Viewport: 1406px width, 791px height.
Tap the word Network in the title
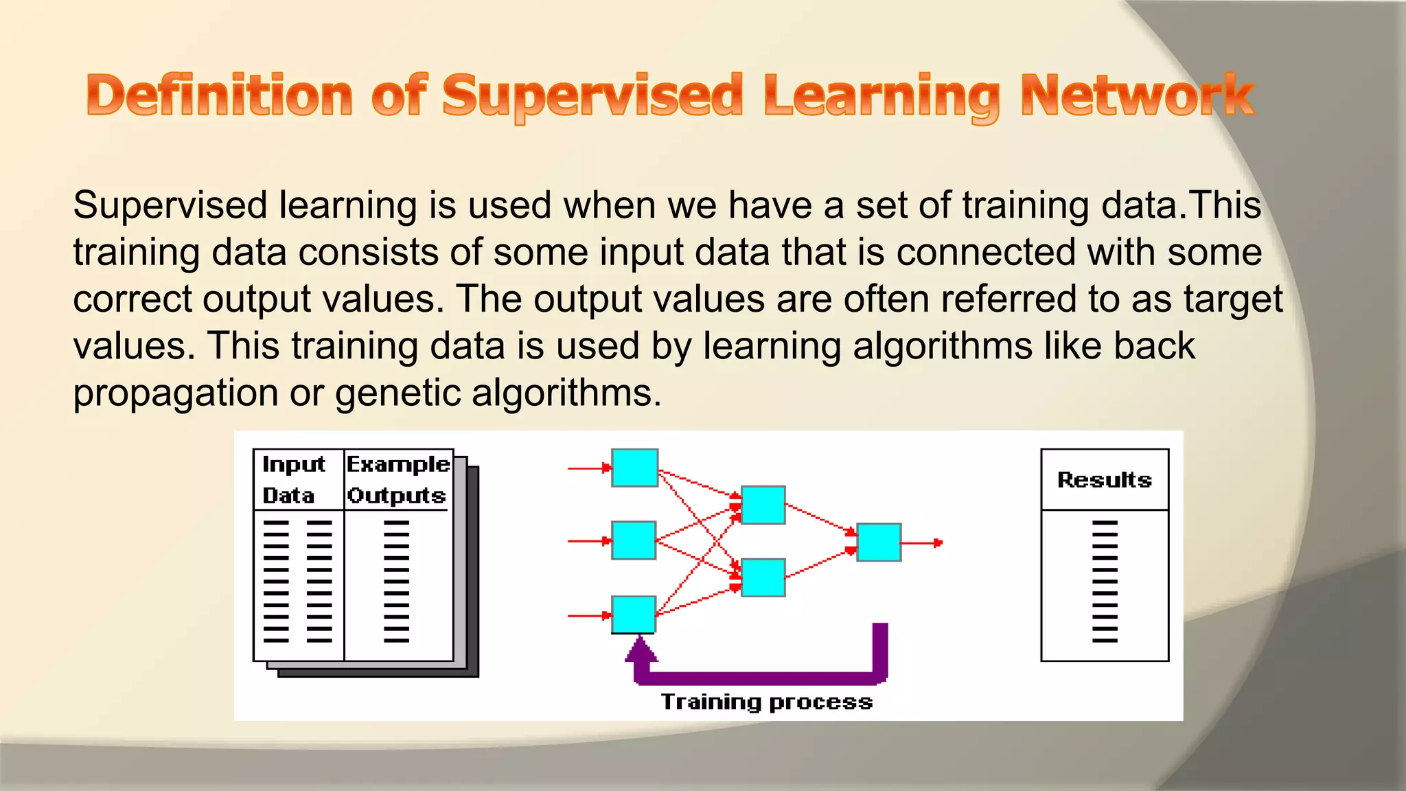click(x=1137, y=96)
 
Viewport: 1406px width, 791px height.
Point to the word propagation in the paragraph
click(x=176, y=393)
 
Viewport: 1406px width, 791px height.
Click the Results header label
click(x=1104, y=480)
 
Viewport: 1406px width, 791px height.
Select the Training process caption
click(x=766, y=702)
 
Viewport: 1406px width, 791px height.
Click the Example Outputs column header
click(x=397, y=480)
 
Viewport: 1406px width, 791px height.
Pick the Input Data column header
click(x=293, y=480)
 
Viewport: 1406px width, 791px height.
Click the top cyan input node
click(x=634, y=468)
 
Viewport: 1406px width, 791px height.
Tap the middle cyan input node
click(x=633, y=541)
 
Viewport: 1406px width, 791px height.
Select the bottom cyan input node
click(x=633, y=615)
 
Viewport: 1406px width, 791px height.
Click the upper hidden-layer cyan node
click(x=763, y=505)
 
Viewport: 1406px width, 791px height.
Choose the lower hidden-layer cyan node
click(x=763, y=578)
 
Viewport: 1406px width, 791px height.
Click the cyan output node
click(x=879, y=542)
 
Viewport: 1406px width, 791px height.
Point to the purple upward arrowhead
click(x=641, y=649)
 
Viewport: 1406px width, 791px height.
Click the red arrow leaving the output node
click(x=922, y=543)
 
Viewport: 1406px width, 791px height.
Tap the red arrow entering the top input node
click(x=589, y=468)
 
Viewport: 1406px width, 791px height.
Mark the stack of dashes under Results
click(x=1105, y=582)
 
